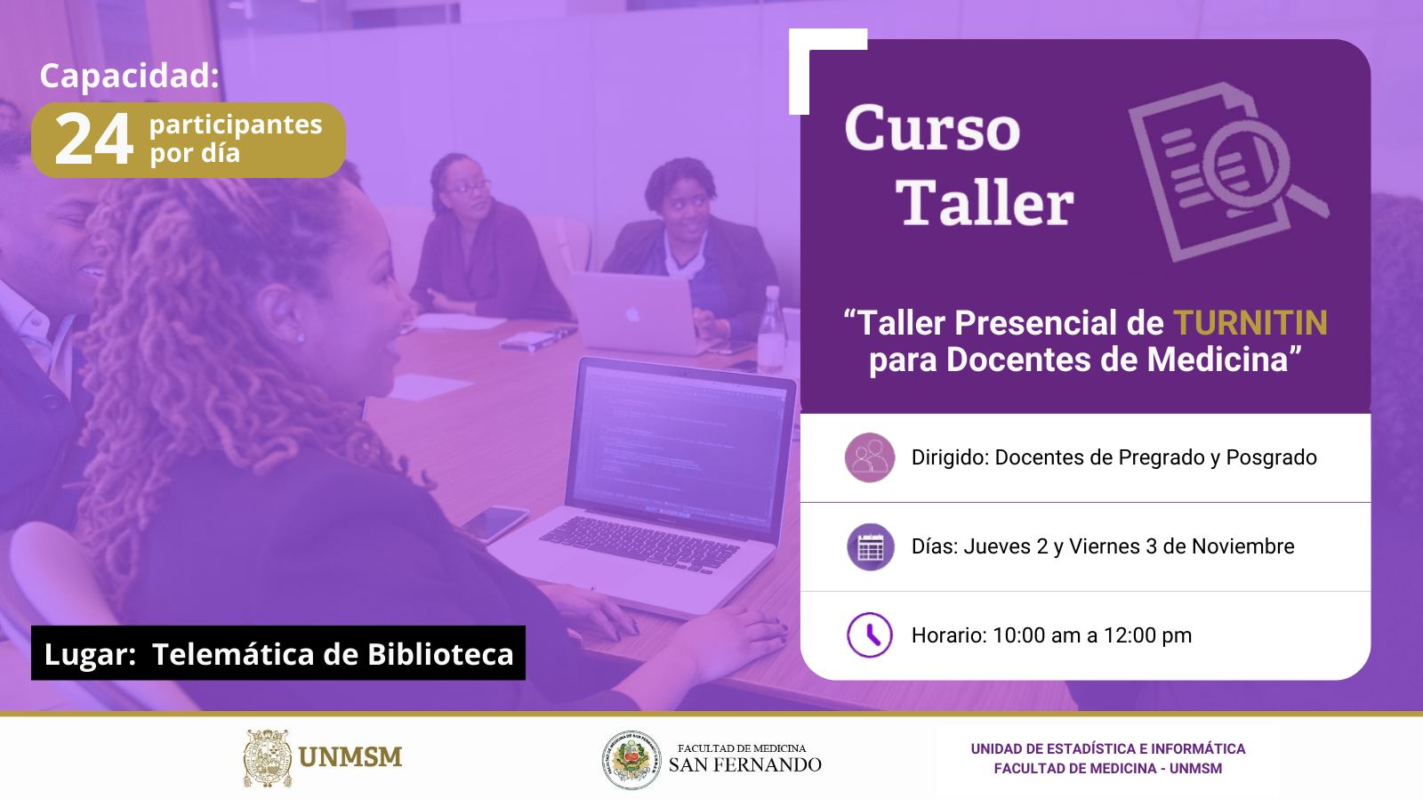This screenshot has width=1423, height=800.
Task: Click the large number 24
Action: (94, 139)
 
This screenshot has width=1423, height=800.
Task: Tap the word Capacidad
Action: (130, 76)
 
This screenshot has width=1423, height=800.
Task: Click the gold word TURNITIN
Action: (1250, 323)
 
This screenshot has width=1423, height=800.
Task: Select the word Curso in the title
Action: (933, 128)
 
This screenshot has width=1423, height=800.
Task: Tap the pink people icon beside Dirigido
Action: (870, 457)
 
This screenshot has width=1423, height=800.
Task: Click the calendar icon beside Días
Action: (871, 546)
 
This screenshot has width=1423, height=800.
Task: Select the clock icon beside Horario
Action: (870, 634)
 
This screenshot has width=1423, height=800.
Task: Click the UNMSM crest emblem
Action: (268, 758)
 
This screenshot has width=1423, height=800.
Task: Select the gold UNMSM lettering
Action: (350, 757)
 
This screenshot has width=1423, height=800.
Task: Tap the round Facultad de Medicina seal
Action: (631, 760)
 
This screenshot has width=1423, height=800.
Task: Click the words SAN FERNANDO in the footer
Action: (744, 764)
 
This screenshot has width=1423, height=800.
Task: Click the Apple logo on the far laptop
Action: (631, 314)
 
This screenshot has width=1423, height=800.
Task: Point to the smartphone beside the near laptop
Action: (494, 523)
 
